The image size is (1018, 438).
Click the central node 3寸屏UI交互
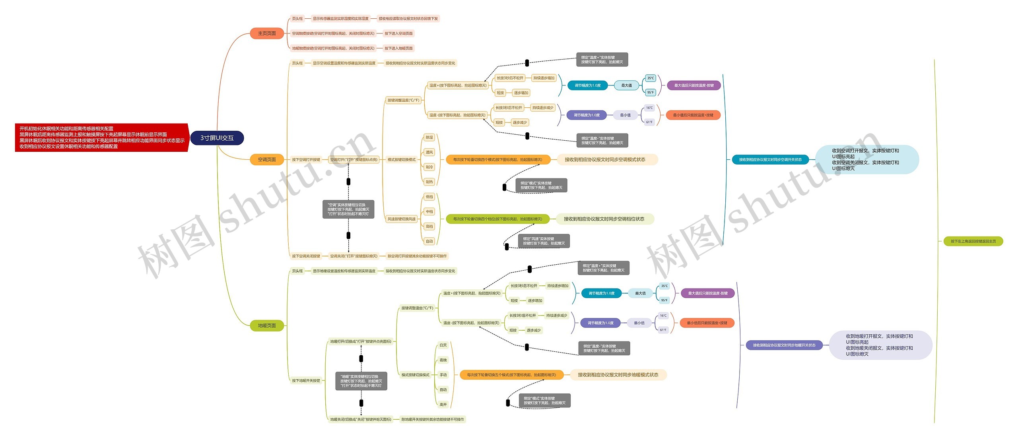pos(217,138)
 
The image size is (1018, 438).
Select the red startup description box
pos(101,138)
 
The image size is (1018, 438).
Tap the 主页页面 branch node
pos(267,33)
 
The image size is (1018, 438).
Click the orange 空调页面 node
pos(267,159)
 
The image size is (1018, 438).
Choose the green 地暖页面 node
pos(267,326)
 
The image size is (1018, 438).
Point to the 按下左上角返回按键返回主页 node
pos(973,241)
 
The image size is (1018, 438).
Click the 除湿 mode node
pos(429,138)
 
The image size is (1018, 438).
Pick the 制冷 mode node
pos(429,167)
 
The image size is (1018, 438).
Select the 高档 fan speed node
pos(429,227)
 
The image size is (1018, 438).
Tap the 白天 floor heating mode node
pos(443,345)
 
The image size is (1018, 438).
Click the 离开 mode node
pos(443,405)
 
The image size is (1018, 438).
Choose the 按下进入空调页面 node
pos(398,33)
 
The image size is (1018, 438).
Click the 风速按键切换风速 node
pos(401,219)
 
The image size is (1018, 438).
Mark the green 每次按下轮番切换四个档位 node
pos(497,219)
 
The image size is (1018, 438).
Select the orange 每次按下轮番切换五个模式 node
pos(511,375)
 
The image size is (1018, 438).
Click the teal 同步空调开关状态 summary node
pos(770,159)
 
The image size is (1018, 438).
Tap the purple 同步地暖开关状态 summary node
pos(784,345)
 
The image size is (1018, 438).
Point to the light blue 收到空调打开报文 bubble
pos(867,159)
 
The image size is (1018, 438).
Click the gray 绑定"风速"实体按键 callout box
pos(544,241)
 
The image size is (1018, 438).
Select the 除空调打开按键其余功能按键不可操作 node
pos(417,256)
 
